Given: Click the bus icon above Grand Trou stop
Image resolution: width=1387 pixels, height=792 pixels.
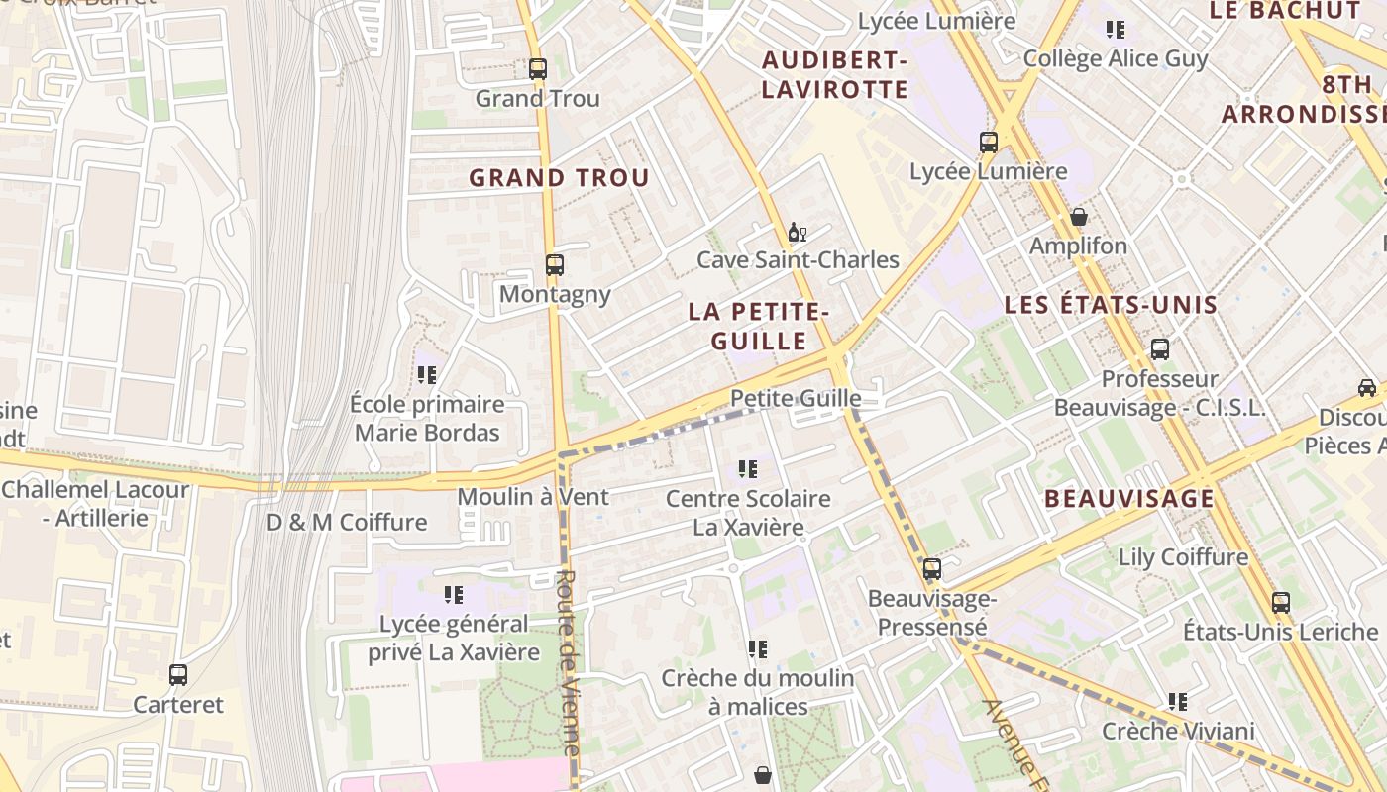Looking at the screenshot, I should [x=537, y=69].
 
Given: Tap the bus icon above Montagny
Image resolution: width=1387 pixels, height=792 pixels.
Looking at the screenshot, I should [x=554, y=265].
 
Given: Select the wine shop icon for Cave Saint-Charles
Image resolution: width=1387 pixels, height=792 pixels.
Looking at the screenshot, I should [x=797, y=233].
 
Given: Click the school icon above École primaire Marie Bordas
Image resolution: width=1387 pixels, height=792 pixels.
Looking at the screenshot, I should [x=427, y=375].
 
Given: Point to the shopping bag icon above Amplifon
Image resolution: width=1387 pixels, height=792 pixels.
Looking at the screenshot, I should [x=1079, y=217].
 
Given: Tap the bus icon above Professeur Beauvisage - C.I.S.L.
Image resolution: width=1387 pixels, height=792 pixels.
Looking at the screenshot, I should [x=1159, y=349].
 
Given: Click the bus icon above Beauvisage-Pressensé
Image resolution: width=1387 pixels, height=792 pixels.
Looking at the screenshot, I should [x=931, y=569].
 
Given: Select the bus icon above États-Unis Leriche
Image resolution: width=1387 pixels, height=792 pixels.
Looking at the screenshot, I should [x=1280, y=602].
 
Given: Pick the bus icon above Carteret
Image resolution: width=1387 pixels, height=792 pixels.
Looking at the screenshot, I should [x=178, y=675].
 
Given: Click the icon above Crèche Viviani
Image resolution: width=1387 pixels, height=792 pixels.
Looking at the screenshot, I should [x=1177, y=702].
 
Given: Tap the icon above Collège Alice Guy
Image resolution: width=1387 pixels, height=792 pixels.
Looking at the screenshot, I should [x=1116, y=30].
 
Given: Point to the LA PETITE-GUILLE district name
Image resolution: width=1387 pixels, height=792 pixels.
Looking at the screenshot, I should [x=759, y=326].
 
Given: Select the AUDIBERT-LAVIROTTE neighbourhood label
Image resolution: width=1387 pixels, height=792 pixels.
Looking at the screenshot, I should [x=834, y=75].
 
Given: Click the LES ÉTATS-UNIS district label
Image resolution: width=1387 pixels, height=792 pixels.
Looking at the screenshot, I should [x=1111, y=305].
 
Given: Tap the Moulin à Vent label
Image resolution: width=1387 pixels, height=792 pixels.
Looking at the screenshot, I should [x=533, y=496].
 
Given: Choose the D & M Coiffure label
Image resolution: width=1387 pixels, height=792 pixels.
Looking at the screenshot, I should [x=347, y=522].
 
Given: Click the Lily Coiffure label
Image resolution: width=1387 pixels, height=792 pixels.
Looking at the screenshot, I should [x=1183, y=557].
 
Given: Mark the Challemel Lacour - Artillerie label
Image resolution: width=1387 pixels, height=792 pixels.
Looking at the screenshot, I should [x=95, y=503].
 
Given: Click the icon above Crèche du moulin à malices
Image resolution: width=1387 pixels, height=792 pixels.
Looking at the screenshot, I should [x=757, y=649].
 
